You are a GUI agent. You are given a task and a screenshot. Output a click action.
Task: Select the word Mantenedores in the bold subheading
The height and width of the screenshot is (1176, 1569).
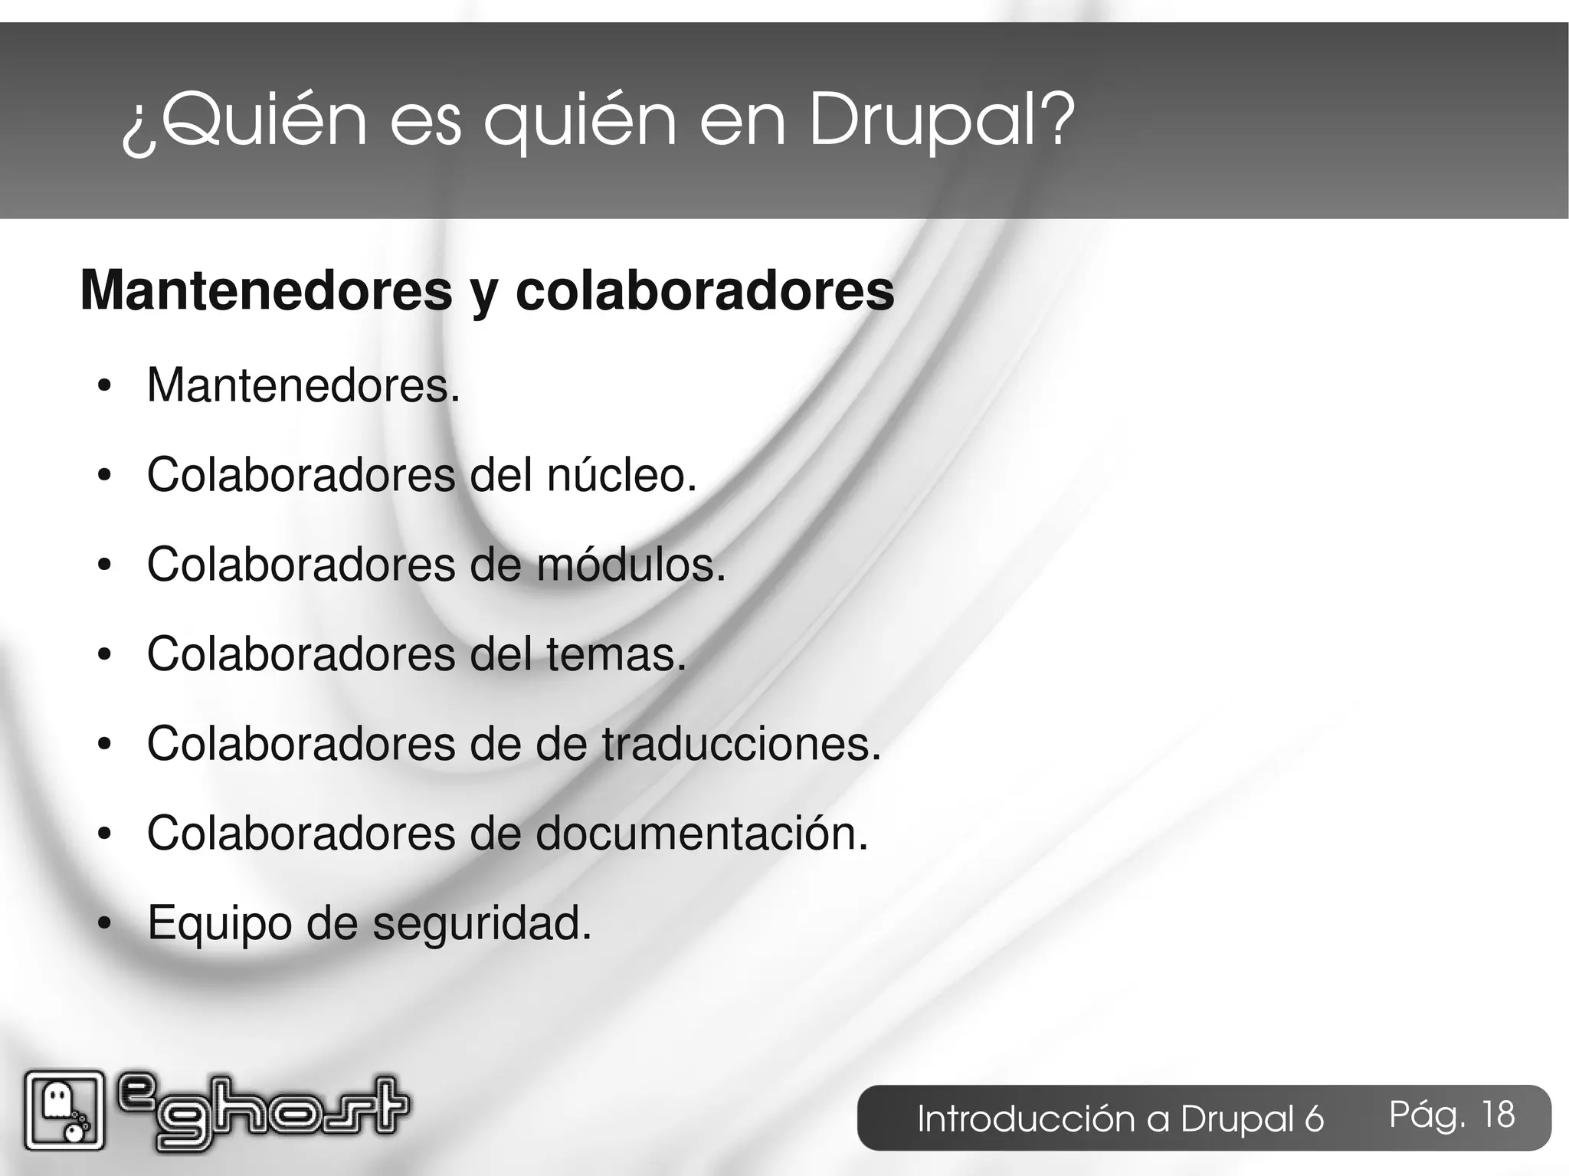[266, 291]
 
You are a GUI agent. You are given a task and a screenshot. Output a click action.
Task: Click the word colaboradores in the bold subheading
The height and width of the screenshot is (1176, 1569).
[705, 291]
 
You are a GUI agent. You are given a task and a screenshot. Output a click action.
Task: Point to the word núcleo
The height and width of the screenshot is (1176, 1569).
[621, 475]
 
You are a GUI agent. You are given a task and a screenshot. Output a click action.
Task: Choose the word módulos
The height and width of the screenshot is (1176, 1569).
[630, 565]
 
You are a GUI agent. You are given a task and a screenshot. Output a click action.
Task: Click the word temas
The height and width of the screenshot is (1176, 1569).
[616, 654]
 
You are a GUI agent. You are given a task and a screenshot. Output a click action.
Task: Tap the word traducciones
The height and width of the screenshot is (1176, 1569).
[742, 744]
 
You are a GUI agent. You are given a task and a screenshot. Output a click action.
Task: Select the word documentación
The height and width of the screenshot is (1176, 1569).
[702, 834]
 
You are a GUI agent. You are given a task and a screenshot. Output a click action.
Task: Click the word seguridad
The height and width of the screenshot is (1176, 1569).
[482, 923]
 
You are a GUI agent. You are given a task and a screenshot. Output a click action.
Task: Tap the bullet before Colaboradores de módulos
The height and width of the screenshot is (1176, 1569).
[105, 565]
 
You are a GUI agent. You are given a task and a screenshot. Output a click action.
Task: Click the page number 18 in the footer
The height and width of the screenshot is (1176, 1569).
[1498, 1115]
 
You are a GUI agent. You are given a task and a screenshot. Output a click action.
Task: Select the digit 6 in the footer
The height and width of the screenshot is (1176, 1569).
[1314, 1119]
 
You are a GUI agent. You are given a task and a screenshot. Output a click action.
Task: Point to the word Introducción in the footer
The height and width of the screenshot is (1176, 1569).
[1027, 1119]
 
